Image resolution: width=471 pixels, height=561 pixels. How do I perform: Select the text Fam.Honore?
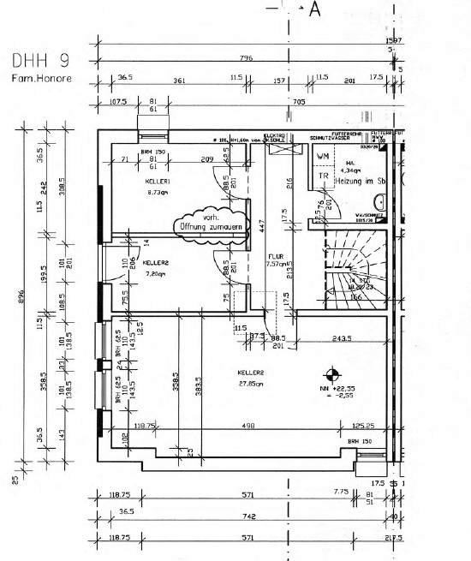[x=41, y=80]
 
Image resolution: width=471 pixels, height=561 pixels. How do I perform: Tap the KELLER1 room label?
[x=158, y=182]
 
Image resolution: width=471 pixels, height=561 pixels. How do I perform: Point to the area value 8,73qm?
[x=158, y=193]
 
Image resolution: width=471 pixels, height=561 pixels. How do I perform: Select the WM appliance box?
[x=323, y=157]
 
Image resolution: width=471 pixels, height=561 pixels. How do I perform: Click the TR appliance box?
[x=323, y=176]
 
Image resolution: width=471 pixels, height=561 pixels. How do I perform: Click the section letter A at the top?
[x=314, y=10]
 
